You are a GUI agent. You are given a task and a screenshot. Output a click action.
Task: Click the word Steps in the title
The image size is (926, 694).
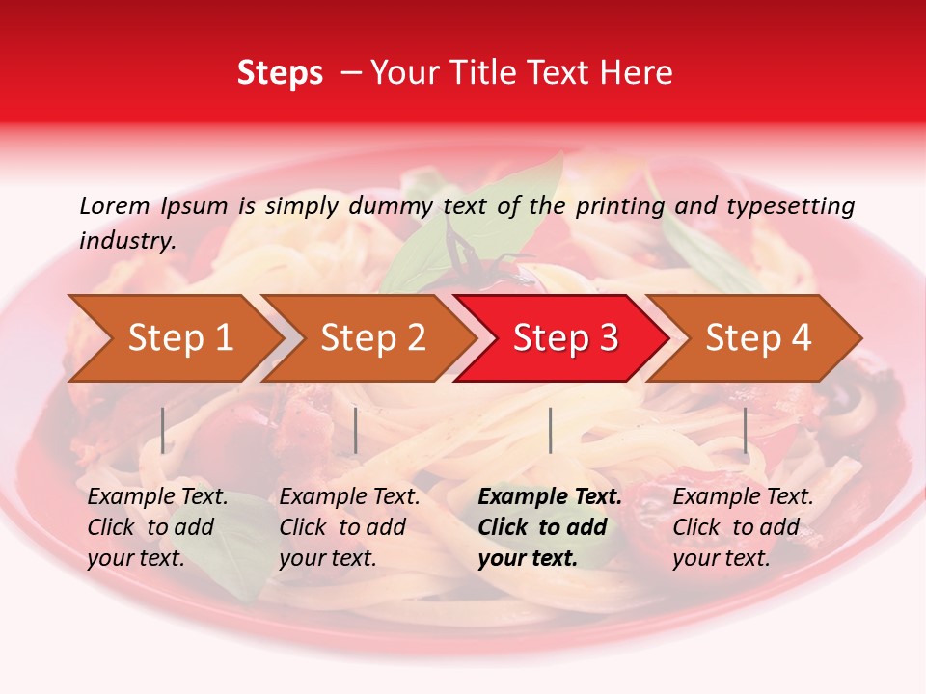tap(280, 73)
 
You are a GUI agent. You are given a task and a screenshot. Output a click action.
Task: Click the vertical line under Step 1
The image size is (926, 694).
tap(163, 430)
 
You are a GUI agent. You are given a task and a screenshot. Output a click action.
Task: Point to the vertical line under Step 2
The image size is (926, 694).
tap(356, 430)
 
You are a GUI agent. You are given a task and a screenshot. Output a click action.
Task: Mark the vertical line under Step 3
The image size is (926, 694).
tap(550, 430)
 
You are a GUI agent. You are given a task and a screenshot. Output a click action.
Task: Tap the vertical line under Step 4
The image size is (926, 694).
tap(745, 430)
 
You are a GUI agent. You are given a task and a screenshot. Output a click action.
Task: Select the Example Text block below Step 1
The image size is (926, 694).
tap(157, 527)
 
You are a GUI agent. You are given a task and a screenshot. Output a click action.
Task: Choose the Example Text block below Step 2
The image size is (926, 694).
tap(349, 527)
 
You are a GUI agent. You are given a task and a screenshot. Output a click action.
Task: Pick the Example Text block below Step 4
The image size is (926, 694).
tap(743, 527)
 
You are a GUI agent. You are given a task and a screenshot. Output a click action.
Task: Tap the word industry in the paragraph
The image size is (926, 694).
tap(127, 241)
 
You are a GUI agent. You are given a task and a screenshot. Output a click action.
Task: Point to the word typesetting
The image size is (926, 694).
tap(790, 206)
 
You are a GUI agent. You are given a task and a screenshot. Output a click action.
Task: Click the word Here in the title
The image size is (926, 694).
tap(637, 73)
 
